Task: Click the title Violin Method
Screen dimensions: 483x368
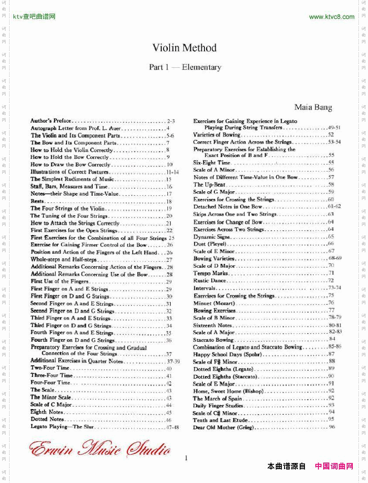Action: [x=184, y=48]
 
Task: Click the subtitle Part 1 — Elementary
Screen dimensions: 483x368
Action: [x=185, y=67]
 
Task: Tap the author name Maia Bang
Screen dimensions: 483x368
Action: [x=313, y=107]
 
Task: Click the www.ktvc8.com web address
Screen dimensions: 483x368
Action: [x=331, y=17]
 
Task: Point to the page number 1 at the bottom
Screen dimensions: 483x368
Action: [x=186, y=457]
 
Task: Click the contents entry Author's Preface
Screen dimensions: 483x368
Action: [x=51, y=121]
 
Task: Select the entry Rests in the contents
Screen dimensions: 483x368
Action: [x=37, y=201]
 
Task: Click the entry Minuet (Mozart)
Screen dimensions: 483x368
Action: [x=214, y=303]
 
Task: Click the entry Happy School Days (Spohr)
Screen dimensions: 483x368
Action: [x=224, y=354]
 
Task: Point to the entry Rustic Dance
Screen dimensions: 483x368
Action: [x=210, y=280]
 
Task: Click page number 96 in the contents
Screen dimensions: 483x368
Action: [x=332, y=427]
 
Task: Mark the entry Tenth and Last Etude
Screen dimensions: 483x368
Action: [x=221, y=420]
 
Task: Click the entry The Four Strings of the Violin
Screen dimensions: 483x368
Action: [x=67, y=209]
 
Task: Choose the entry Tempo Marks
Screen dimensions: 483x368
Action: [x=211, y=273]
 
